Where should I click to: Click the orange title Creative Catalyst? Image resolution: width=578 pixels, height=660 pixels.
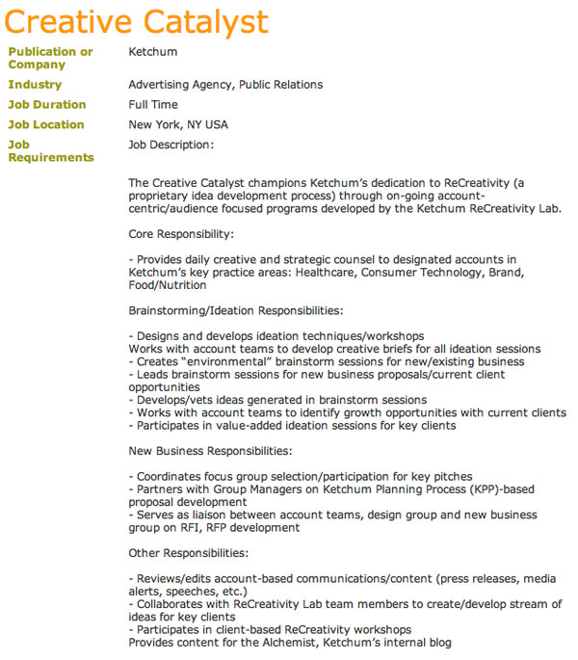point(138,21)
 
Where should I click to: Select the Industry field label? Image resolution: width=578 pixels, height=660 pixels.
point(35,85)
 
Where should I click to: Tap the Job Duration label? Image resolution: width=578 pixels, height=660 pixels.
point(47,104)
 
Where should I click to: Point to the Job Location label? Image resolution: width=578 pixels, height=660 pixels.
point(46,124)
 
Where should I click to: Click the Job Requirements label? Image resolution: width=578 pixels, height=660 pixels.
point(51,151)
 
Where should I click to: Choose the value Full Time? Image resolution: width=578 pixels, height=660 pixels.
point(153,104)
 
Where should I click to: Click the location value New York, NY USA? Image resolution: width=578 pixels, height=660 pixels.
point(178,124)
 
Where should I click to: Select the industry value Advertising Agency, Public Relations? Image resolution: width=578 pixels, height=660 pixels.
point(225,85)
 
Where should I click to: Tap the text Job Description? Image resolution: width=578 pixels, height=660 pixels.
point(171,145)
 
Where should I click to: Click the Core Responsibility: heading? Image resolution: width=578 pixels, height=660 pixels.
point(181,233)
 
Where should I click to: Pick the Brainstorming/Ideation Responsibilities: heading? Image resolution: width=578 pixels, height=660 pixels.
point(235,310)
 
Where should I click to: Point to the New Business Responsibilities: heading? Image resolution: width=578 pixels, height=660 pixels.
point(209,451)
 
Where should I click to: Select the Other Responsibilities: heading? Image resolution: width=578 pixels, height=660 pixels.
point(188,553)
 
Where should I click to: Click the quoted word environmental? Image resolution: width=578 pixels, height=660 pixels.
point(226,361)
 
